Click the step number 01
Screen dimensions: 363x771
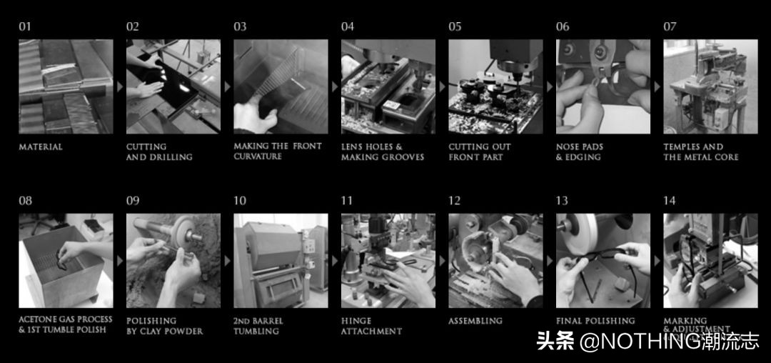tap(25, 27)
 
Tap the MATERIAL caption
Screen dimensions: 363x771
tap(41, 147)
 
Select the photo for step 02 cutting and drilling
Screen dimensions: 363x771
tap(173, 86)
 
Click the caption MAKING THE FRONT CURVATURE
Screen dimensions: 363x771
tap(278, 151)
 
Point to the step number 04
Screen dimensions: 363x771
tap(348, 27)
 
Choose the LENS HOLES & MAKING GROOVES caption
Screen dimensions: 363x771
tap(383, 152)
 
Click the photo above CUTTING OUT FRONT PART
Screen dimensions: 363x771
tap(495, 86)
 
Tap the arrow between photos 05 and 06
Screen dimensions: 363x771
tap(550, 86)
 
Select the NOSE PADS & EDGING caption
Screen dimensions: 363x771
tap(580, 152)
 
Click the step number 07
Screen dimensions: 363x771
tap(670, 27)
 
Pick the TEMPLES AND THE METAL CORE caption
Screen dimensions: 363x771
tap(701, 152)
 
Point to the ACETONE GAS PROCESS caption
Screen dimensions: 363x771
tap(66, 320)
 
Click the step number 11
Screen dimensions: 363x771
tap(347, 201)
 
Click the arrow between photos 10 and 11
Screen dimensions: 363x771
tap(335, 261)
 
